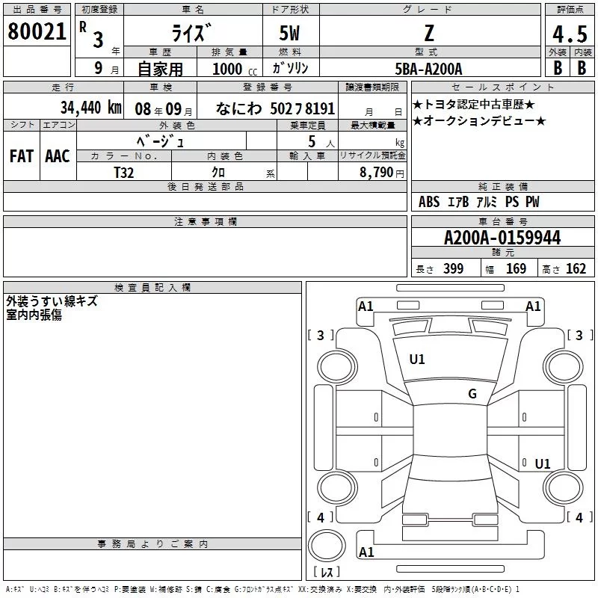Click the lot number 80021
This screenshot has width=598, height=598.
point(37,31)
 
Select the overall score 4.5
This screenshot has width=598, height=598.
point(570,34)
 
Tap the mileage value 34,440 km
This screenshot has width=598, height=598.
point(90,108)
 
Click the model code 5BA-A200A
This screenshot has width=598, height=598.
point(428,69)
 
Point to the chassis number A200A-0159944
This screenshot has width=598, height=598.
point(502,238)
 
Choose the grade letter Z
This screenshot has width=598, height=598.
point(429,33)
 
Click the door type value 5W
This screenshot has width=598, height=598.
point(289,33)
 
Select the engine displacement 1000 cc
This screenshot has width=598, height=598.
point(235,69)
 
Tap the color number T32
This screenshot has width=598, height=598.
point(124,173)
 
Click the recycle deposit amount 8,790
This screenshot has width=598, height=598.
point(377,172)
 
